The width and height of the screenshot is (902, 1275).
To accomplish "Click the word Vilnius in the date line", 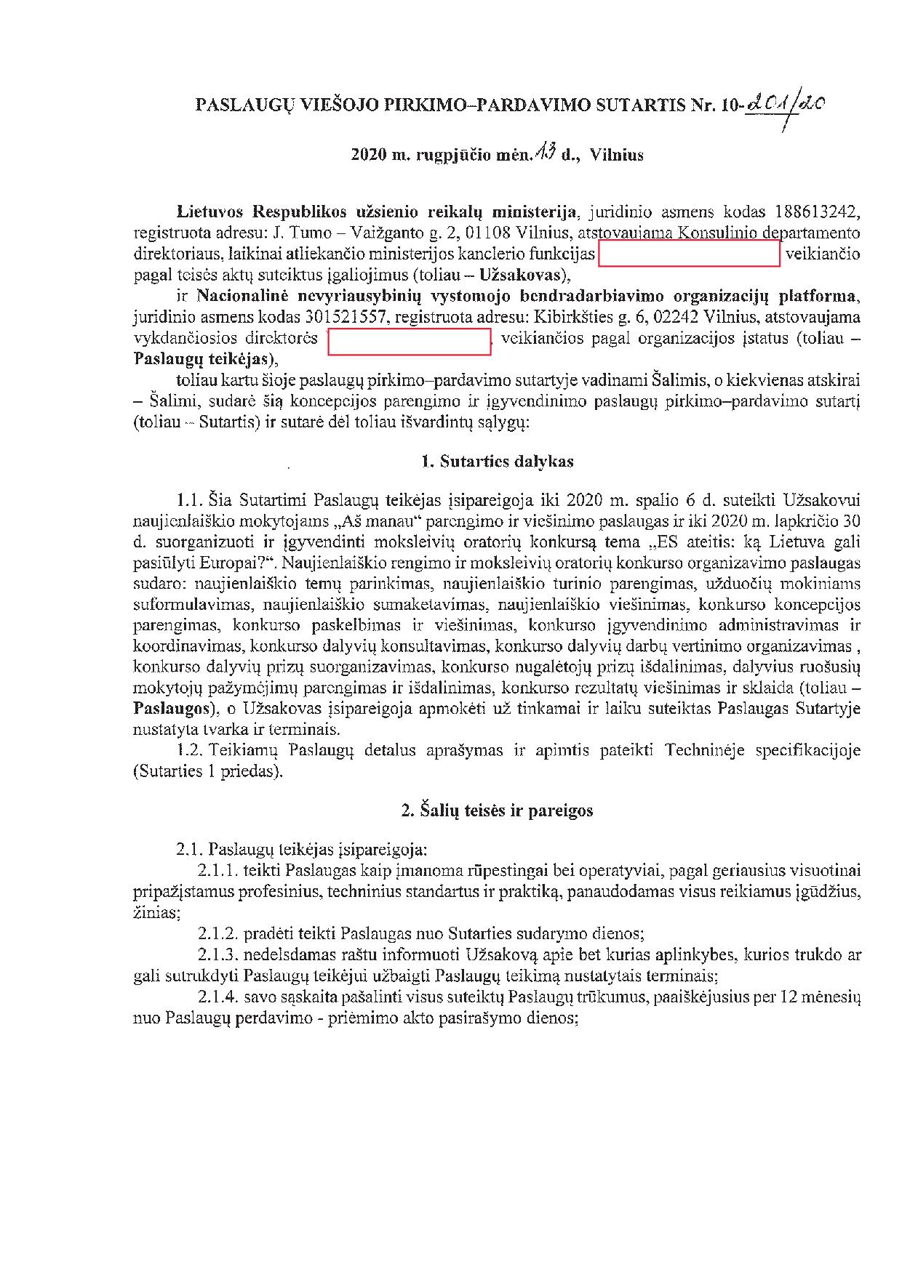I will [x=617, y=155].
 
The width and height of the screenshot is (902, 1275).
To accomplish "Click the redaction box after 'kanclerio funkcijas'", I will [x=688, y=254].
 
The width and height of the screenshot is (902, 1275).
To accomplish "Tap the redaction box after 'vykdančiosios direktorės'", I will [x=409, y=341].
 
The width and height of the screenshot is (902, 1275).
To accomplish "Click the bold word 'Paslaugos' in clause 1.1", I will [x=170, y=708].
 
